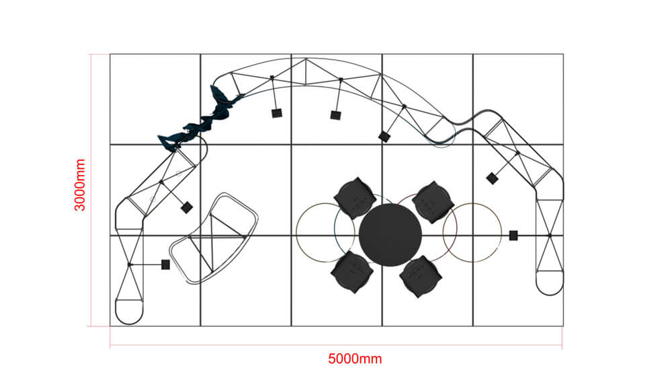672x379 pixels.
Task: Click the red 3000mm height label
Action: point(80,185)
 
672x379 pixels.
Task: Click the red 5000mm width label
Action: point(355,359)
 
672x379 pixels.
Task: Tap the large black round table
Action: point(390,233)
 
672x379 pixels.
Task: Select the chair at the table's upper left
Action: point(354,197)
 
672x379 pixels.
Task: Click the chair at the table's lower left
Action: point(351,272)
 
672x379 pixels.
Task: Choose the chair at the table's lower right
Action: point(421,276)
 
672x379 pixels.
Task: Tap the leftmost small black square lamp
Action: point(165,265)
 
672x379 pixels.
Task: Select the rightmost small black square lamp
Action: point(513,235)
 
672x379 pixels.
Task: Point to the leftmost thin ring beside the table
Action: point(325,233)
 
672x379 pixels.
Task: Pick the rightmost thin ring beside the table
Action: point(472,233)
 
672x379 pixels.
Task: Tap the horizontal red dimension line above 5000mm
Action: point(336,346)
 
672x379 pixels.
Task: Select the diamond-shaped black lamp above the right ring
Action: point(492,178)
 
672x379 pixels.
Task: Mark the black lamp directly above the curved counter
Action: point(187,207)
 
